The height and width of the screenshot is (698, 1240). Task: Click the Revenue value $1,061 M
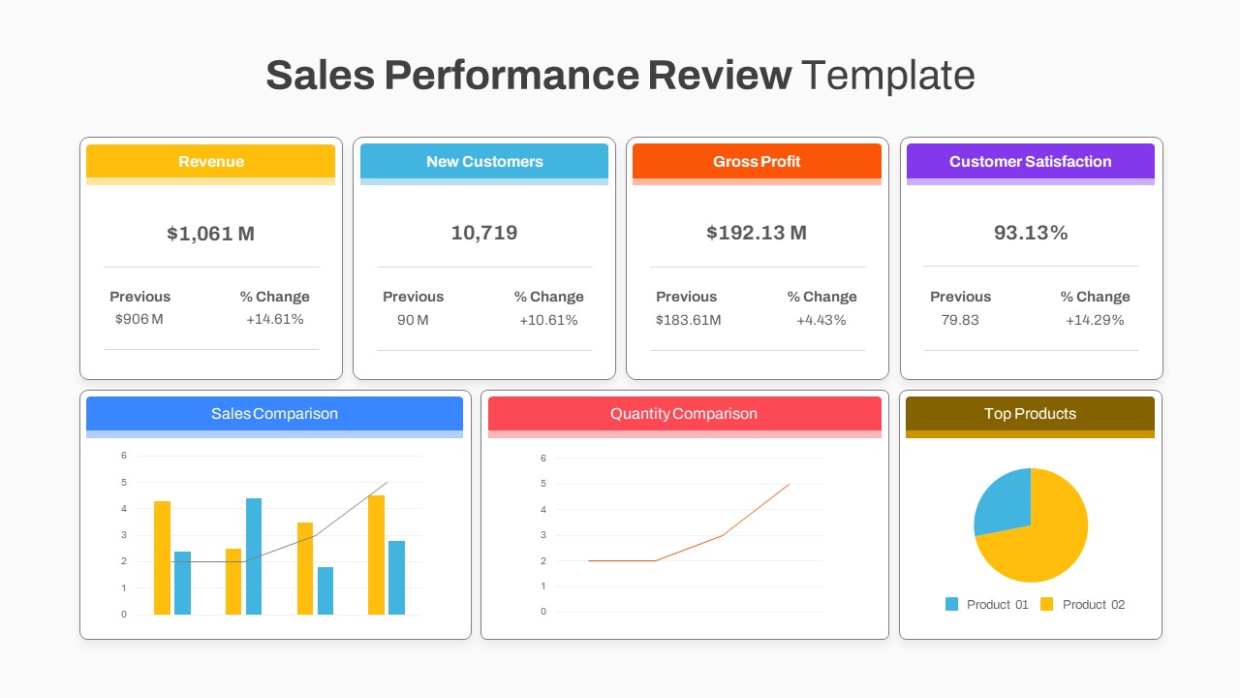tap(210, 234)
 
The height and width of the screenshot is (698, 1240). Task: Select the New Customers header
tap(484, 162)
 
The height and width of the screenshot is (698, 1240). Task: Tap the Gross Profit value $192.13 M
tap(757, 233)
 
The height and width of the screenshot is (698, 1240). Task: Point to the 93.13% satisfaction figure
tap(1031, 233)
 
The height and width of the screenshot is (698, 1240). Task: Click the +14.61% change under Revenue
tap(275, 319)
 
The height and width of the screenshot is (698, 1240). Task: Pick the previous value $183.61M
tap(688, 320)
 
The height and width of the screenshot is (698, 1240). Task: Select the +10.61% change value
tap(548, 320)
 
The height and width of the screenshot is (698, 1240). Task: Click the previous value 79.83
tap(960, 320)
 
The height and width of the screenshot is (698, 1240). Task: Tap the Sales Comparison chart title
tap(274, 414)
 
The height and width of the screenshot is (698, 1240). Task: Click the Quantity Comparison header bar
tap(684, 414)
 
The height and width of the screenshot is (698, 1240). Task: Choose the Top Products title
tap(1030, 414)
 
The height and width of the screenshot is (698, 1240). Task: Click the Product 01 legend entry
tap(987, 604)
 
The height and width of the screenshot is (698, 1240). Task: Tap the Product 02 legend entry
tap(1083, 604)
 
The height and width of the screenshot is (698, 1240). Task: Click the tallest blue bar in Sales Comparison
tap(254, 556)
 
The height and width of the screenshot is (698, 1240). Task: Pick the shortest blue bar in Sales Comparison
tap(325, 590)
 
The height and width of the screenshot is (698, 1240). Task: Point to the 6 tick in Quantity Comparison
tap(543, 458)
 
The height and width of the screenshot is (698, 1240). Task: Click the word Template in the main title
tap(887, 75)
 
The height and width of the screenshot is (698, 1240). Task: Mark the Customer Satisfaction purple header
tap(1030, 162)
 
